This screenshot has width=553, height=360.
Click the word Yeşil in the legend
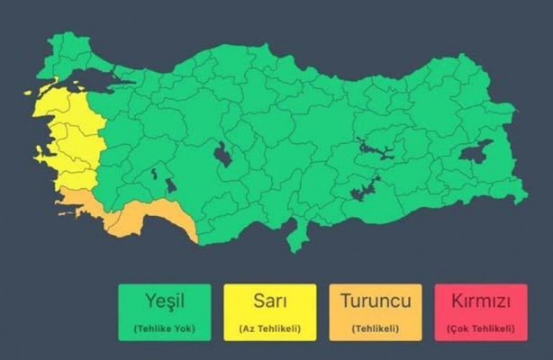pos(164,301)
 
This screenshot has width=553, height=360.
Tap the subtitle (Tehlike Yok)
pos(164,328)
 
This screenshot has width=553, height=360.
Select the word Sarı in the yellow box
pos(270,301)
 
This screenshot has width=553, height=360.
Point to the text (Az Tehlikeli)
pos(270,328)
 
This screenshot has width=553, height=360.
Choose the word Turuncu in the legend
pos(376,301)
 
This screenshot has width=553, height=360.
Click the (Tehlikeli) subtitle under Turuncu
pos(376,328)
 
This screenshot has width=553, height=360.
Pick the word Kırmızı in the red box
pos(481,301)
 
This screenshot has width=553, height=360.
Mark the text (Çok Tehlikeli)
pos(481,328)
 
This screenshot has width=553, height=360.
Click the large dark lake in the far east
pos(476,151)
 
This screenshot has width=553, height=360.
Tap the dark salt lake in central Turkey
pos(222,156)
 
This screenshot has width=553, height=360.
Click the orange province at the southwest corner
pos(86,208)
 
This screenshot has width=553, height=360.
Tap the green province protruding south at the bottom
pos(296,236)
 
